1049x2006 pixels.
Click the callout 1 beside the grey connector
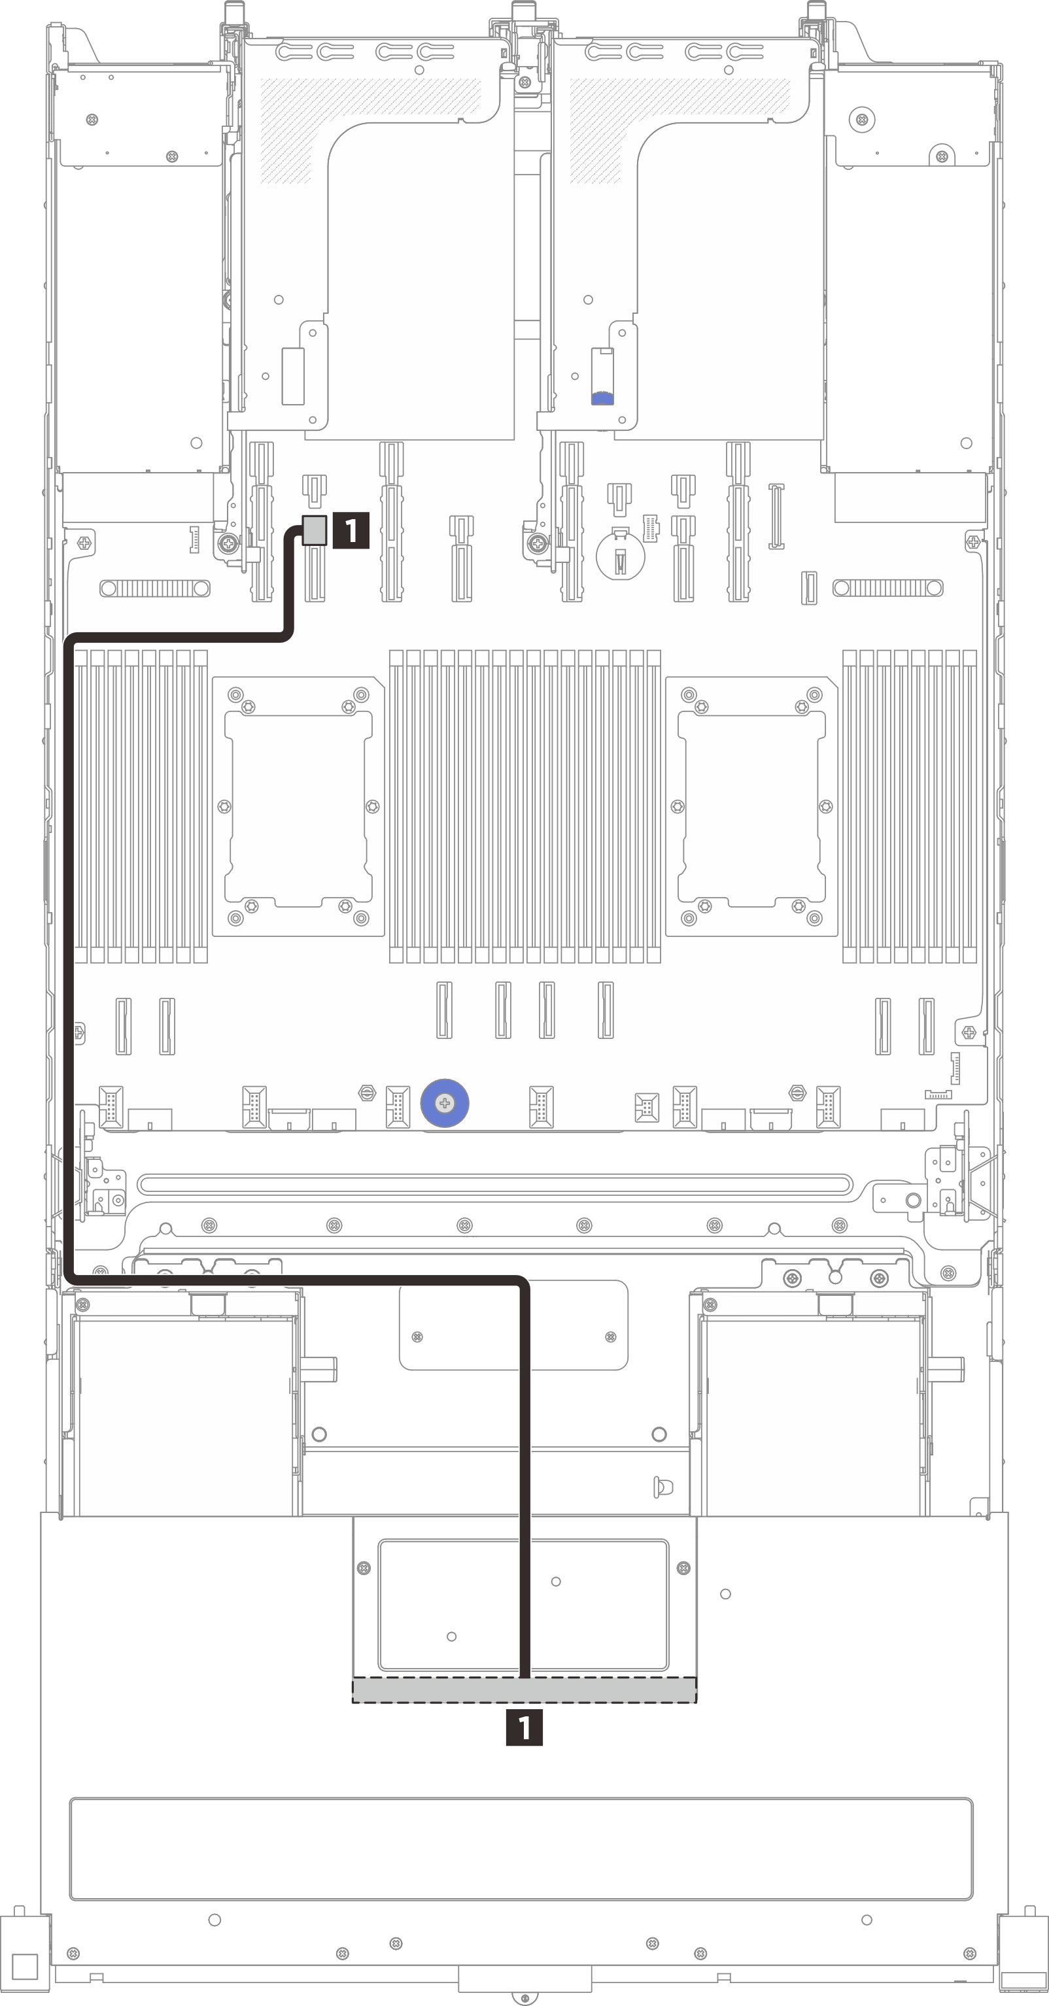click(351, 530)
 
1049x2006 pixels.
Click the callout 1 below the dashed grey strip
click(524, 1727)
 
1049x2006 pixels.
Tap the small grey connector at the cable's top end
click(315, 530)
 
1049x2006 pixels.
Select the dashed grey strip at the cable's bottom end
click(524, 1690)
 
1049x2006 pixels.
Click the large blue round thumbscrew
click(444, 1102)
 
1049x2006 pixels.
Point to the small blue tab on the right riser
click(602, 398)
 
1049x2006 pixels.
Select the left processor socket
click(298, 806)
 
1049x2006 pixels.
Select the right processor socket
click(751, 806)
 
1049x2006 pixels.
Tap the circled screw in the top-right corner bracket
click(861, 119)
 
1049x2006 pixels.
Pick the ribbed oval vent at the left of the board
click(155, 588)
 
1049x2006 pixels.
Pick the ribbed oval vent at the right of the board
click(888, 588)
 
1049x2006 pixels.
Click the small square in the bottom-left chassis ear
click(25, 1966)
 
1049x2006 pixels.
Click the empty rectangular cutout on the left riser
click(293, 376)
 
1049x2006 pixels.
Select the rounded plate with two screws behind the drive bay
click(513, 1325)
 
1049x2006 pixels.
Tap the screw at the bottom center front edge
click(525, 1998)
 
